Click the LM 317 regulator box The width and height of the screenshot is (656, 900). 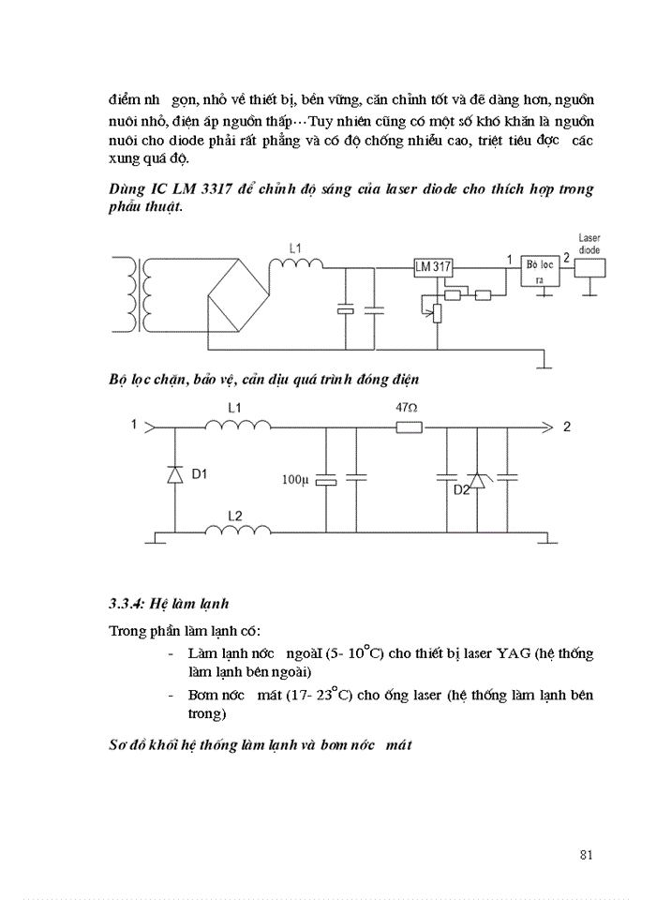(x=433, y=266)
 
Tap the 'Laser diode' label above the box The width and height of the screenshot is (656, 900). (x=589, y=244)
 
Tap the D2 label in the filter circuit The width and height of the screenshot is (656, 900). (x=460, y=490)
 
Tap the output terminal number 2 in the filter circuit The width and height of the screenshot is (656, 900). (x=567, y=427)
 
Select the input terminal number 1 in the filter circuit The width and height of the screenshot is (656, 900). (x=135, y=425)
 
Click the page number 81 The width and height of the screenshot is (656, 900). (x=588, y=854)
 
